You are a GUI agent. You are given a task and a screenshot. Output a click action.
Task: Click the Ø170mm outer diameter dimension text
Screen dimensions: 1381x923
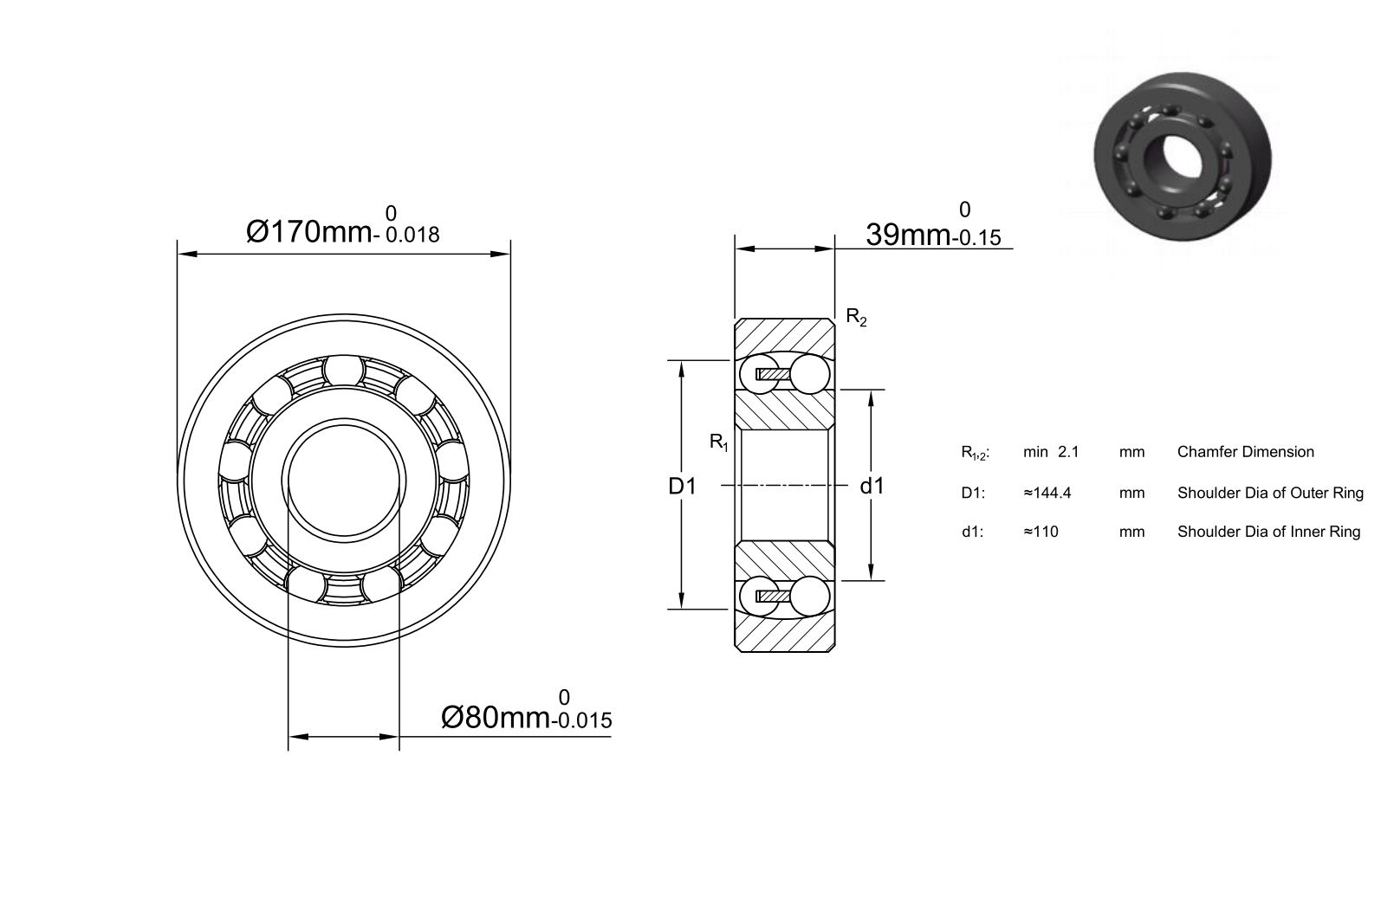(x=309, y=232)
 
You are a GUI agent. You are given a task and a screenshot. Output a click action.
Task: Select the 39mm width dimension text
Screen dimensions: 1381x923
(x=908, y=235)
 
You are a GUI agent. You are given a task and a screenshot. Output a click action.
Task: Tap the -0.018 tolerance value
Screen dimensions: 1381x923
(x=407, y=235)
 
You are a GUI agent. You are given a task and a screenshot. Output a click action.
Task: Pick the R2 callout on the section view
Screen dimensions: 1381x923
(x=856, y=317)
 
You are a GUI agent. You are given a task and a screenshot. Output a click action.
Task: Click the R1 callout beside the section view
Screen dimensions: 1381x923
(x=719, y=442)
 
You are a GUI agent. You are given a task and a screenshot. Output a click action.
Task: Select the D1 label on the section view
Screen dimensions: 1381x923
(x=683, y=487)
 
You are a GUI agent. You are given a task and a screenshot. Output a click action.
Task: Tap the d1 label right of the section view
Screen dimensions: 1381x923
(x=872, y=486)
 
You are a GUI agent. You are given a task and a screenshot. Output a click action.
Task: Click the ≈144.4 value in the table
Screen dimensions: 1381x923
(x=1047, y=493)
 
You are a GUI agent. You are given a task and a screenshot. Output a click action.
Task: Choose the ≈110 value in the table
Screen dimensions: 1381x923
(x=1041, y=532)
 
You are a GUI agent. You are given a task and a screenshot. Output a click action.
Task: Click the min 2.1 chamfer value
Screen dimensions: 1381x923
(x=1051, y=452)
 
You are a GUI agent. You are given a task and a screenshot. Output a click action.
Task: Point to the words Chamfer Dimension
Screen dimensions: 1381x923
(x=1245, y=452)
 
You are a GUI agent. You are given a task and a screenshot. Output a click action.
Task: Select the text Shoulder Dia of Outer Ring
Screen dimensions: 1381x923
(x=1270, y=493)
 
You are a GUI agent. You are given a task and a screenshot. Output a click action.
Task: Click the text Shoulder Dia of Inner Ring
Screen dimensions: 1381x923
(x=1268, y=532)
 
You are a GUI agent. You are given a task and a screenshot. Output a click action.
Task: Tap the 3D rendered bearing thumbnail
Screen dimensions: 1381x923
(x=1183, y=157)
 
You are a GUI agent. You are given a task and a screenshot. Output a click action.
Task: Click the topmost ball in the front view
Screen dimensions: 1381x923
(x=344, y=371)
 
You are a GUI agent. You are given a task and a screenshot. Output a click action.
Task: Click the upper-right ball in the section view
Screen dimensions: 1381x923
(x=809, y=374)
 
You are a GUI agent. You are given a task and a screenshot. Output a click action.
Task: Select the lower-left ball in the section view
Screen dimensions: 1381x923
(x=759, y=596)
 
